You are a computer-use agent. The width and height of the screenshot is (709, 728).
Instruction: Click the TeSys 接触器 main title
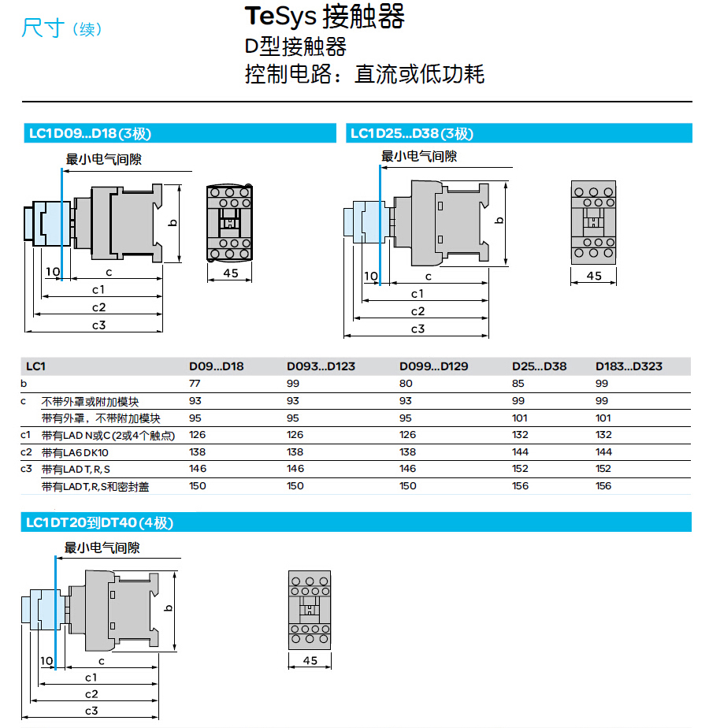(325, 17)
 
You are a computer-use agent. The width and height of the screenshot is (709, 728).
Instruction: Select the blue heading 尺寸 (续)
(61, 28)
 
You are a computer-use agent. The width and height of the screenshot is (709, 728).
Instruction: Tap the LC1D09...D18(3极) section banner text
(90, 134)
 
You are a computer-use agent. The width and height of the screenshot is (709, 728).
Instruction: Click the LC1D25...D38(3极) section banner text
(412, 134)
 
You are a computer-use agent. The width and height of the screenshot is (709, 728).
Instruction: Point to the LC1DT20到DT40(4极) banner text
(100, 523)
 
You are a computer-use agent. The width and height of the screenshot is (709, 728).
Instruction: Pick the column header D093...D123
(321, 366)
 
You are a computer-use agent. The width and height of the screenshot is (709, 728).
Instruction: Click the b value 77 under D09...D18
(195, 384)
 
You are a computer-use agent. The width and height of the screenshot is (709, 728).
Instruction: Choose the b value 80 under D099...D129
(406, 384)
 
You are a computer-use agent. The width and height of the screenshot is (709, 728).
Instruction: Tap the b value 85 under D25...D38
(518, 384)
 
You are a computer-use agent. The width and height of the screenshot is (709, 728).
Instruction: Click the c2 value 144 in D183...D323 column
(603, 451)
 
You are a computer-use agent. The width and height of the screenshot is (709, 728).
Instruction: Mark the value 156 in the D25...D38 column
(520, 485)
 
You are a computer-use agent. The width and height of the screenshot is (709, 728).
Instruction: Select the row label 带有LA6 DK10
(75, 453)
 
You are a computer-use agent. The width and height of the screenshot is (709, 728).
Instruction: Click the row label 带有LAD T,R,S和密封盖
(95, 487)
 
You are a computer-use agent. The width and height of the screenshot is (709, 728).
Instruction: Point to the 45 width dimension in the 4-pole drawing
(310, 660)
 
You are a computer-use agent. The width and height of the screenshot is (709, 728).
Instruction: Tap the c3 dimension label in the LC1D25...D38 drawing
(418, 329)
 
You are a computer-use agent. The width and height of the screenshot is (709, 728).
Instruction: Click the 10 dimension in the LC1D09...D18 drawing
(53, 272)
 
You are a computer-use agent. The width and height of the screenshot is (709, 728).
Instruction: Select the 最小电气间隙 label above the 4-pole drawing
(102, 548)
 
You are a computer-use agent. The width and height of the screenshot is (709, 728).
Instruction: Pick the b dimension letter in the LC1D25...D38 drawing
(499, 221)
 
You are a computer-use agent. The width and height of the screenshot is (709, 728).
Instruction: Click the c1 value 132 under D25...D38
(520, 435)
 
